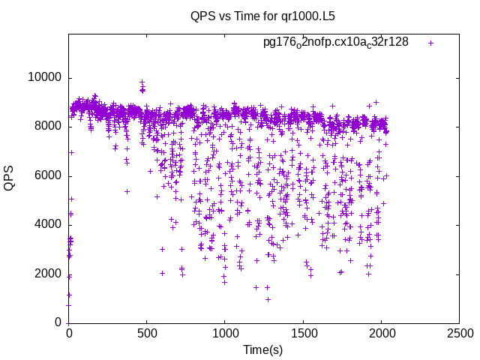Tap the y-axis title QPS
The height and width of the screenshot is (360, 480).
point(10,178)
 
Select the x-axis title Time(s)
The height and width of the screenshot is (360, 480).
point(262,349)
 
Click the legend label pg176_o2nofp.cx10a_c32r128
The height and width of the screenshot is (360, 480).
point(335,42)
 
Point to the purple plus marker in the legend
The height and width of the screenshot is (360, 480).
point(430,43)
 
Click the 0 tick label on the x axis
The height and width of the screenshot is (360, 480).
point(69,332)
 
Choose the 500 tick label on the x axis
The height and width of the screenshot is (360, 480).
point(147,332)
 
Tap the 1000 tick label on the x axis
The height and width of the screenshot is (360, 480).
point(225,332)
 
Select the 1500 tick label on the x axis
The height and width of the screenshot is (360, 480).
point(303,332)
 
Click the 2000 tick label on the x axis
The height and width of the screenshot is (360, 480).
point(381,332)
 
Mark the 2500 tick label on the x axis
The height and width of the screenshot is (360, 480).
point(459,332)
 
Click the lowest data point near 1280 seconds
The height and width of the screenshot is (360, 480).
point(268,299)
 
